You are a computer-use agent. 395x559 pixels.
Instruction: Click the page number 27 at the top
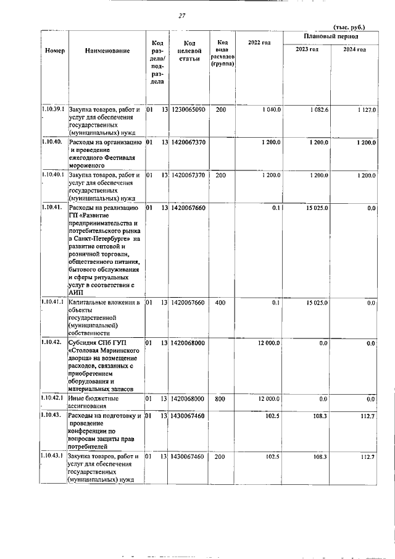click(181, 16)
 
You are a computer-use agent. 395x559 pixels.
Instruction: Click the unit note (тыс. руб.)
click(349, 27)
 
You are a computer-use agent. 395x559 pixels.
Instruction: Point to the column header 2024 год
click(354, 49)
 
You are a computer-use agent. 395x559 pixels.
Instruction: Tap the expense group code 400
click(220, 303)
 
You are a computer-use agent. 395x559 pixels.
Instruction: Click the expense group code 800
click(220, 400)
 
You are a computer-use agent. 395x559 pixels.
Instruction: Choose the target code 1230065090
click(189, 109)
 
